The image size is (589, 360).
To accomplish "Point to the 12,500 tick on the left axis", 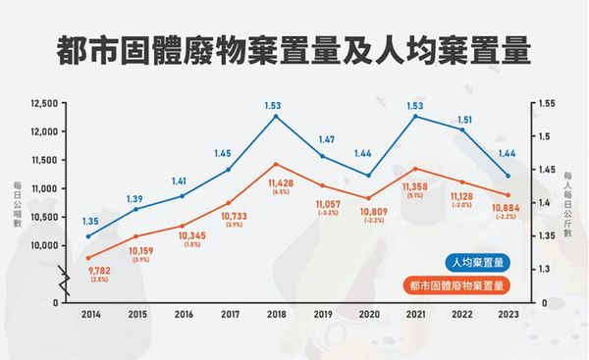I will (45, 102).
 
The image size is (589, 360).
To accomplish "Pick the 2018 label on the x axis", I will (276, 314).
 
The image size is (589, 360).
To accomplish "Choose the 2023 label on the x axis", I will (508, 314).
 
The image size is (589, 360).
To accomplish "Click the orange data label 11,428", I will (276, 183).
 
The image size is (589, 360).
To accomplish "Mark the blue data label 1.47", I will (323, 140).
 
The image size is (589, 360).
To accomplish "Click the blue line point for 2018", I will (276, 116).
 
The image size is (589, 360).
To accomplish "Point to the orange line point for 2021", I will (414, 168).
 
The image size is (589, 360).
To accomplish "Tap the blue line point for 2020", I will (368, 176).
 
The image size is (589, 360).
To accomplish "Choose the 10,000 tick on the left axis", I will (45, 244).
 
